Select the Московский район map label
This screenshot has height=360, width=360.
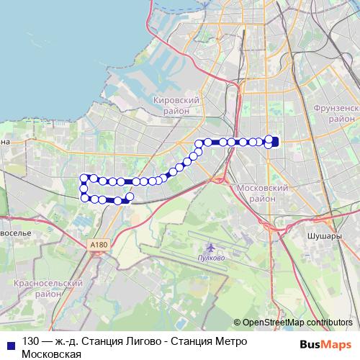click(262, 192)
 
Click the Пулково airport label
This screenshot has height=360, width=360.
click(212, 257)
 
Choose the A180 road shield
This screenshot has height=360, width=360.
click(99, 246)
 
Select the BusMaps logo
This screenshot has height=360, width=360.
click(325, 344)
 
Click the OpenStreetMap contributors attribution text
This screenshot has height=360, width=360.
click(297, 323)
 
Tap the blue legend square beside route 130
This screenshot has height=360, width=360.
click(9, 342)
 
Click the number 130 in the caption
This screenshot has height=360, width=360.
click(31, 341)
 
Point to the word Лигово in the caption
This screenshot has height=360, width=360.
click(131, 341)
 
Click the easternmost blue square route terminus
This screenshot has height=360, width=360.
click(274, 141)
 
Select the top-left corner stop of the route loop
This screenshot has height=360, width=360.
click(84, 177)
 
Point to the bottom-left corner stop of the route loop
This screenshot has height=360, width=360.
click(85, 197)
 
